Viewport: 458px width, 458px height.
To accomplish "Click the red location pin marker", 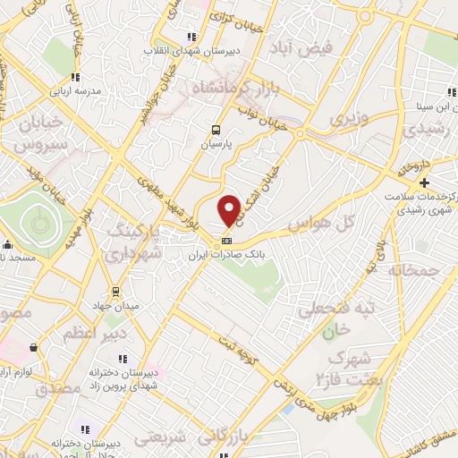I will pyautogui.click(x=229, y=209).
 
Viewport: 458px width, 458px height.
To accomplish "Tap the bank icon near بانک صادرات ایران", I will pyautogui.click(x=227, y=240).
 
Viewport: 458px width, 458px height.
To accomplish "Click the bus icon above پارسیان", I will pyautogui.click(x=215, y=129).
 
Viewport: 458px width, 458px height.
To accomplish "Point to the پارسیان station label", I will pyautogui.click(x=215, y=143).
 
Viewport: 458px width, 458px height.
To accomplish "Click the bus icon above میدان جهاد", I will pyautogui.click(x=114, y=292).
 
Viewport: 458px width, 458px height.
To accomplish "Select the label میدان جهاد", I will pyautogui.click(x=114, y=307).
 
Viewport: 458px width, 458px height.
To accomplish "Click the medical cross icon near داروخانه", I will pyautogui.click(x=424, y=182).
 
